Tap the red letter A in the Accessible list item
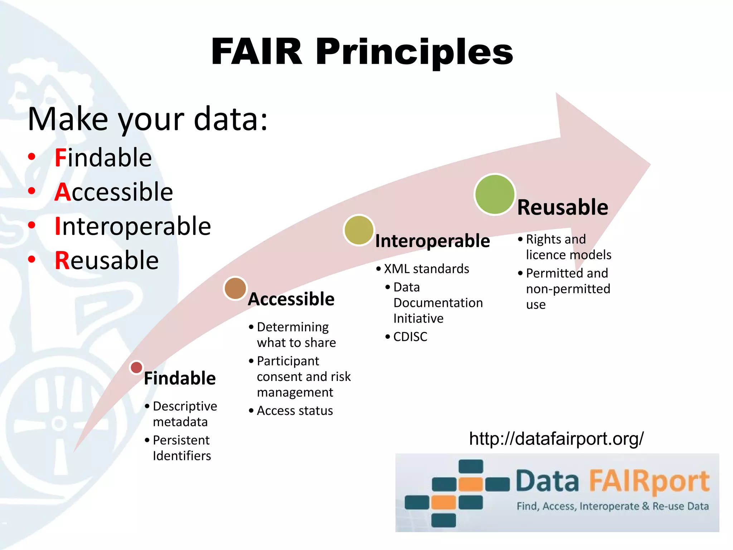click(63, 192)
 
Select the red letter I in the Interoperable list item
click(58, 226)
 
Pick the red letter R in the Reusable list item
click(62, 260)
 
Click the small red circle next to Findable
click(136, 367)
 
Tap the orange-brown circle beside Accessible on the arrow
click(235, 288)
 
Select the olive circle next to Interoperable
click(359, 230)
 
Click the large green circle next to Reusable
click(494, 194)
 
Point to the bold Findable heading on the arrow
click(180, 378)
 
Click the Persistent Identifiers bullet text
click(181, 448)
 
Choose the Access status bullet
click(295, 411)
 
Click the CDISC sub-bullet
click(410, 337)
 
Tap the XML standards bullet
click(426, 269)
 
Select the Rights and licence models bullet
click(568, 247)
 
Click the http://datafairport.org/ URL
click(556, 439)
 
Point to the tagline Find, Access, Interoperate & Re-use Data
click(612, 506)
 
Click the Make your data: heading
click(147, 119)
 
